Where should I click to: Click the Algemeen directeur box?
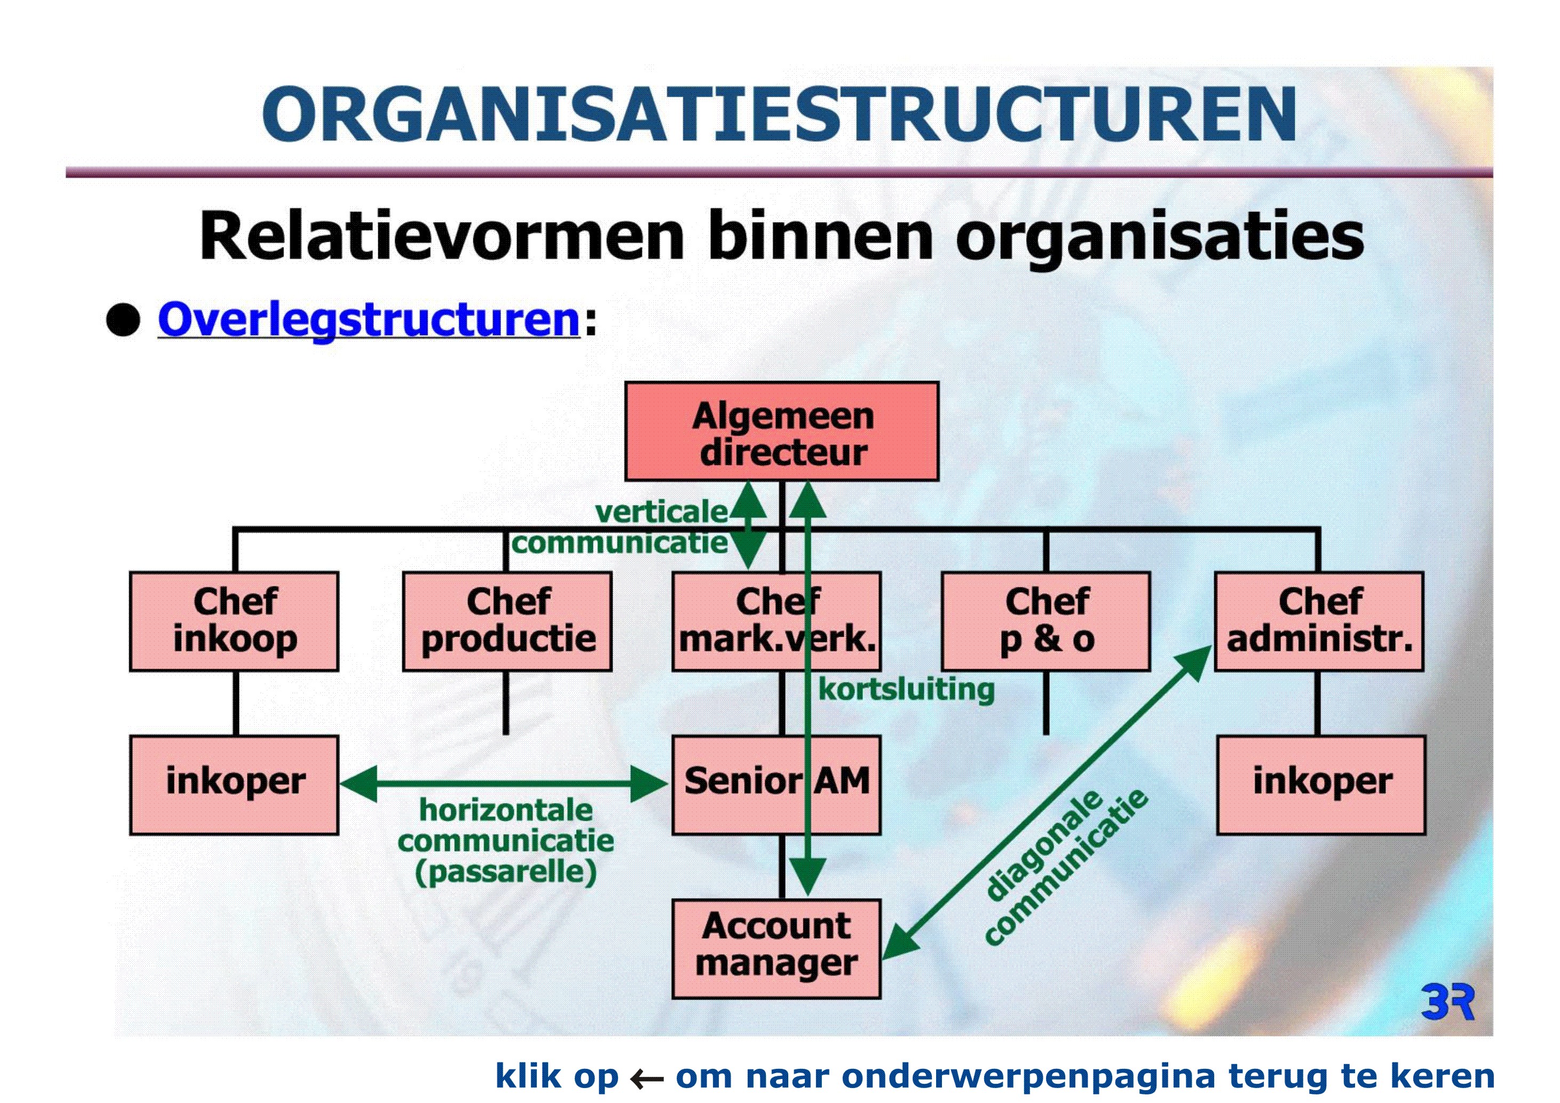point(781,431)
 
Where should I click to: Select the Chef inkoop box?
point(234,622)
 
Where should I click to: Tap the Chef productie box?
point(508,622)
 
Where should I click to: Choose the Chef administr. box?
point(1319,622)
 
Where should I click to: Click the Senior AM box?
point(777,785)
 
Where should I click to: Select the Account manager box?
point(777,949)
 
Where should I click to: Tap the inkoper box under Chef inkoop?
point(234,785)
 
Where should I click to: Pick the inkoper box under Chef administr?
point(1321,785)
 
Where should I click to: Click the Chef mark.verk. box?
point(777,622)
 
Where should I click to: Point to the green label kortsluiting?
point(906,690)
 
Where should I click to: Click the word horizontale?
point(506,810)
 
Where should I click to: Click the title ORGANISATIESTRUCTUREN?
point(779,114)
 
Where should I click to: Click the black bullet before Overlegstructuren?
point(123,320)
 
